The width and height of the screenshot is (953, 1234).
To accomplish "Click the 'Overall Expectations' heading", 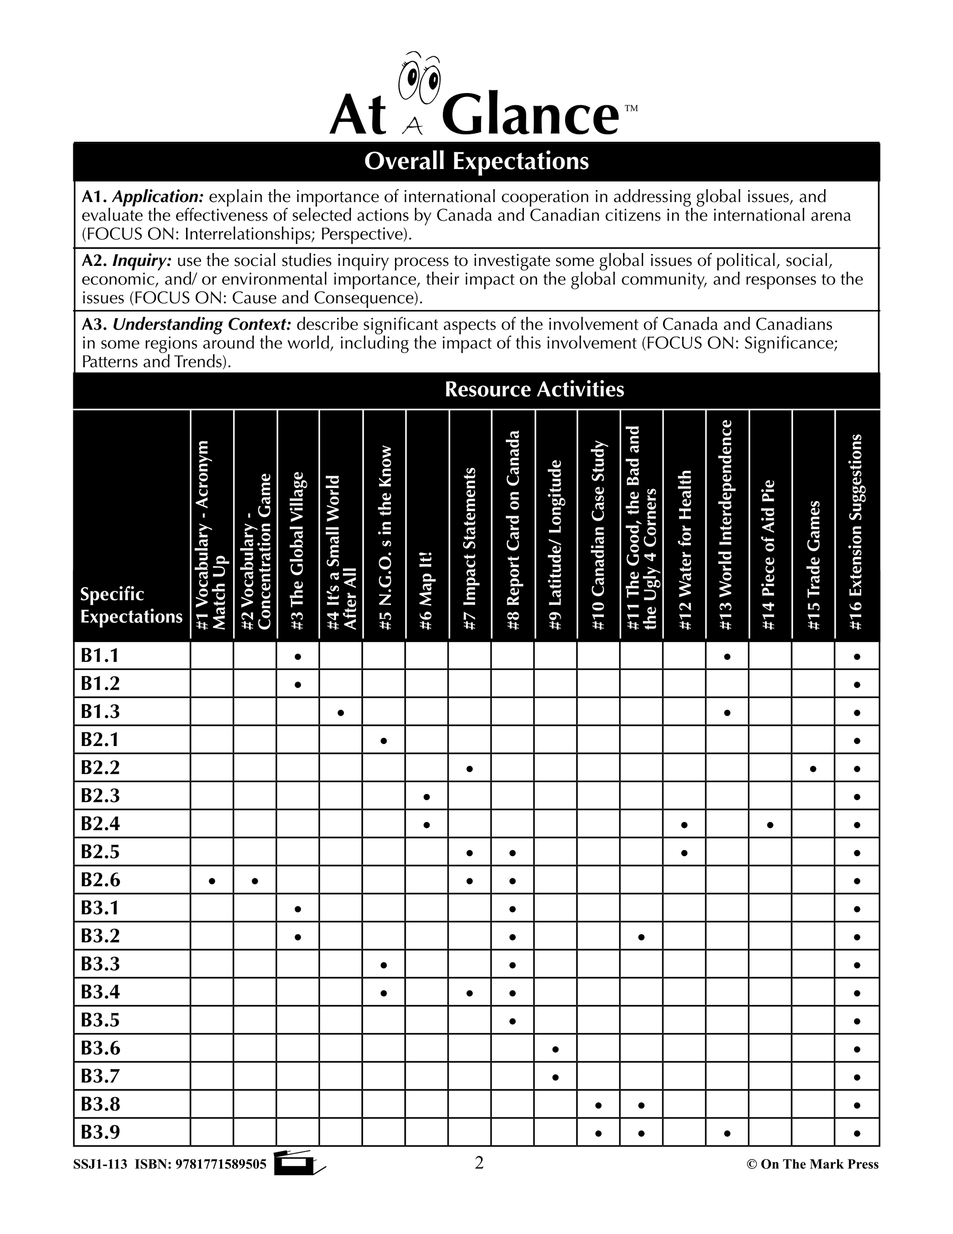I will click(476, 161).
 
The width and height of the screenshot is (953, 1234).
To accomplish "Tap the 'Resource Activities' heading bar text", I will click(534, 389).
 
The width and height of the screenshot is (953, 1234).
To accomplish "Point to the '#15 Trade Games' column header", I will click(813, 565).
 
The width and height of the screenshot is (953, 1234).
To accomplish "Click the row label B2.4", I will click(100, 824).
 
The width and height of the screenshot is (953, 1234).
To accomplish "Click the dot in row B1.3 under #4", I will click(341, 712).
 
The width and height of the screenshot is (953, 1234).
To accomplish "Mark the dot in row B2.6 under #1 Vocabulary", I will click(212, 880).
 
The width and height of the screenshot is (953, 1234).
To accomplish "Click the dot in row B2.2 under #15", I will click(813, 768).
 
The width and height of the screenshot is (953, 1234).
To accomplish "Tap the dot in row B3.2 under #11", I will click(641, 937).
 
